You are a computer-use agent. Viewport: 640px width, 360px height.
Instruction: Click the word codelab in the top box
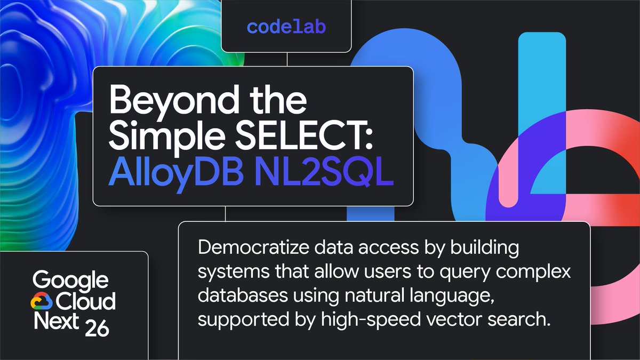286,27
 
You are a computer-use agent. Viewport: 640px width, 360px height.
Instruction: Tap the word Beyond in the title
174,102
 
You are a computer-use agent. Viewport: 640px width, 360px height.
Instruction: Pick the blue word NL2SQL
324,172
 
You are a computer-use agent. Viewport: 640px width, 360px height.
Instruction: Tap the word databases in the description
243,295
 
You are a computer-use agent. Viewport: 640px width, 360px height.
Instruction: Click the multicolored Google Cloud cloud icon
42,301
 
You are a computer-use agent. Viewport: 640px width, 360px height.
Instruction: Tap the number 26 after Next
97,327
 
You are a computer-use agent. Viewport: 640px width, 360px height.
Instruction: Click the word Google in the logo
70,280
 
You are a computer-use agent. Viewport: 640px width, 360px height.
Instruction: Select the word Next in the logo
57,321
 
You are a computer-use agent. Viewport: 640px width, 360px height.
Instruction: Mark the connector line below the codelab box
287,59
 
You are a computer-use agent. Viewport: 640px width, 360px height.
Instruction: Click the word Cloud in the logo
86,301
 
